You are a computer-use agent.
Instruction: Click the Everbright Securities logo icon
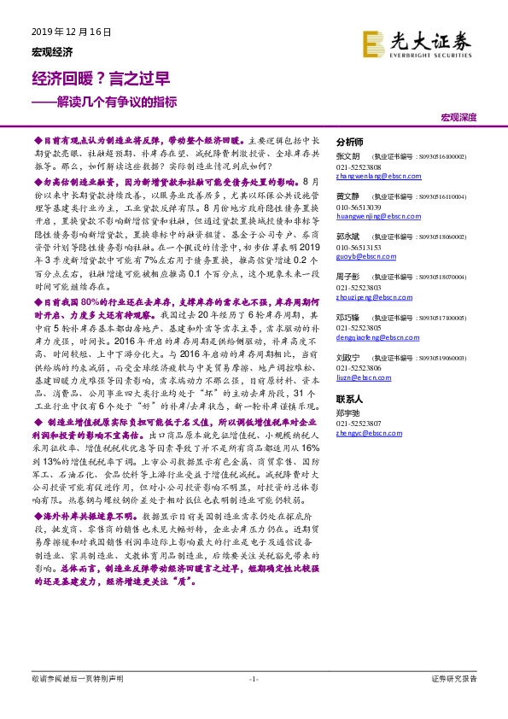372,43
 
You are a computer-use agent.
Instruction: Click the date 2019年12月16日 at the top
73,32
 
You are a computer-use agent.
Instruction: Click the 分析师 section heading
350,143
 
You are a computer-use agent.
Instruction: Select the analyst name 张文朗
347,158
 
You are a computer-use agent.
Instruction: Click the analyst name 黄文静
347,196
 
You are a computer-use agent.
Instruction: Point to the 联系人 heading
350,399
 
